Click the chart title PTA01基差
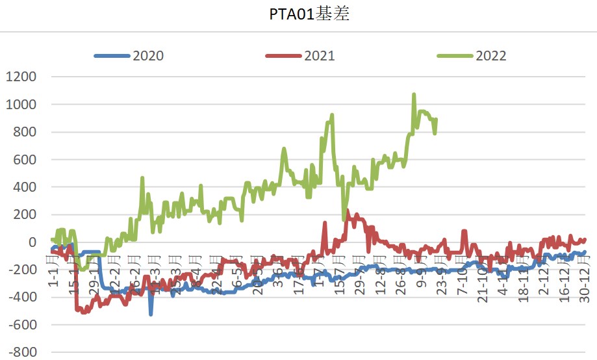pyautogui.click(x=309, y=15)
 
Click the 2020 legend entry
pyautogui.click(x=148, y=56)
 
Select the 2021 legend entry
pyautogui.click(x=319, y=56)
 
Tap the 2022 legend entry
pyautogui.click(x=490, y=56)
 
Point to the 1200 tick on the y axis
pyautogui.click(x=21, y=77)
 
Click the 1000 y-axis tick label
pyautogui.click(x=21, y=105)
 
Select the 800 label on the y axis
pyautogui.click(x=25, y=133)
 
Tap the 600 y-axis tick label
pyautogui.click(x=25, y=160)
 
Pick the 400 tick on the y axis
pyautogui.click(x=25, y=187)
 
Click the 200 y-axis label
pyautogui.click(x=25, y=215)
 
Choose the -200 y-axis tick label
pyautogui.click(x=22, y=270)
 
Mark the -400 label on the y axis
pyautogui.click(x=22, y=298)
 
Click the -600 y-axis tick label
pyautogui.click(x=22, y=325)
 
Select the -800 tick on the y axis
pyautogui.click(x=22, y=353)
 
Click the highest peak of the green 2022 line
pyautogui.click(x=414, y=95)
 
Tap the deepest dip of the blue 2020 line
pyautogui.click(x=151, y=315)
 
